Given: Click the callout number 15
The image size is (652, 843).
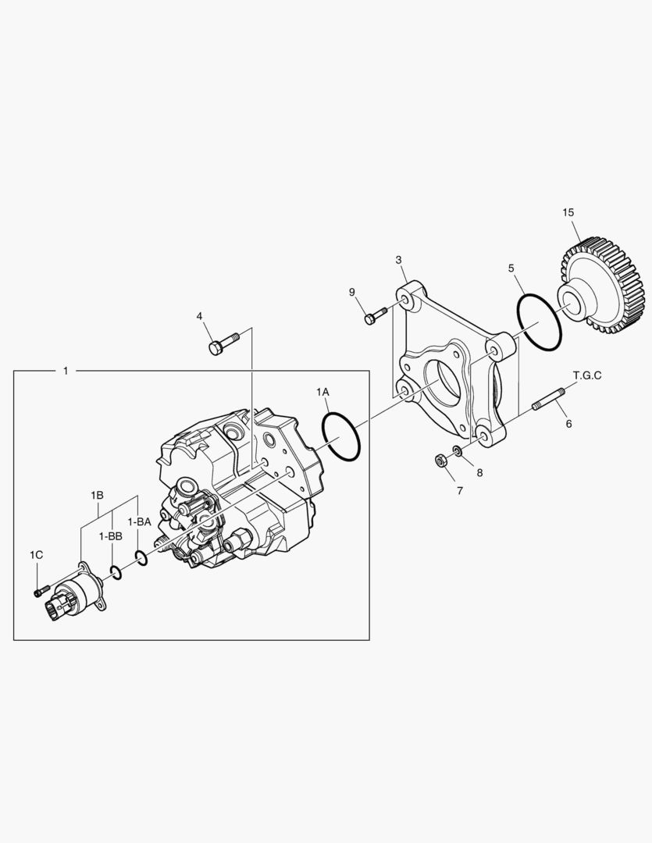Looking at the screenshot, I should point(568,212).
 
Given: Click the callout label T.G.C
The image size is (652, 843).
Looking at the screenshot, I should point(587,375).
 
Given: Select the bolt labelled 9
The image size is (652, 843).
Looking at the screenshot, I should point(374,317).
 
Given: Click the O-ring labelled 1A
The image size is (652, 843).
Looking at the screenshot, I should point(341,438).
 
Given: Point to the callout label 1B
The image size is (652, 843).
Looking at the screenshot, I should point(97,495).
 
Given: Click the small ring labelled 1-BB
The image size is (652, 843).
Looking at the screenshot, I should point(116,573).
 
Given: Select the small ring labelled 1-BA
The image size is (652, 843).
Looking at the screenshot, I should point(141,557).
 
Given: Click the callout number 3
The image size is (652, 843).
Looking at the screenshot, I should point(398,259).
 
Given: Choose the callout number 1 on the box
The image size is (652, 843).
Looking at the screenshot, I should point(66,370).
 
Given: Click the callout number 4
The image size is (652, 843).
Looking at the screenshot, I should point(199,316).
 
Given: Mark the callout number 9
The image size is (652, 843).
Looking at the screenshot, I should point(352,292).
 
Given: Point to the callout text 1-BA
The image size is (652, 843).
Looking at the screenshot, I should point(139,521).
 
